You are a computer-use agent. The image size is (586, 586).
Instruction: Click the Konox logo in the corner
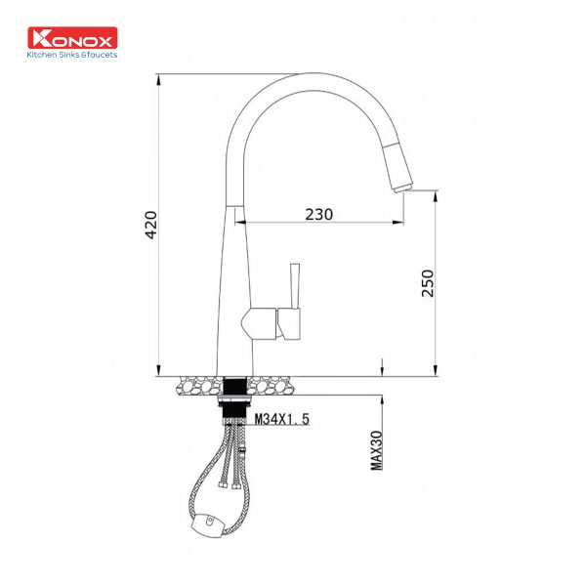pos(74,40)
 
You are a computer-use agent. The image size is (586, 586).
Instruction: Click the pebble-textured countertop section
pos(195,384)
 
